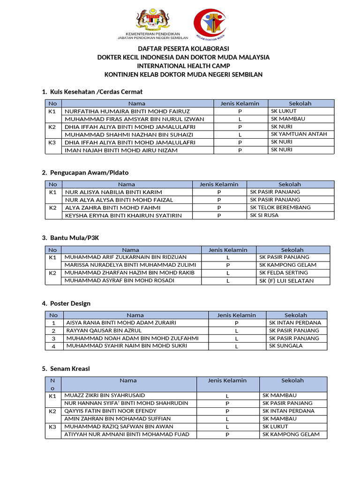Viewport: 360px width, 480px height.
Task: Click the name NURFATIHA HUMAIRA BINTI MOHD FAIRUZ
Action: (127, 111)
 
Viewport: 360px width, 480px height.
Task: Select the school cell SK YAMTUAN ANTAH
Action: (299, 134)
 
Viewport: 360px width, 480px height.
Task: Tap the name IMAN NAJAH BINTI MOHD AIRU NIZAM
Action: (121, 150)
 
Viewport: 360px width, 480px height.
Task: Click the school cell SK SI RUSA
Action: (264, 215)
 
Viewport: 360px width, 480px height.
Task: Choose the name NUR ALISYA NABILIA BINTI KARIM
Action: (113, 192)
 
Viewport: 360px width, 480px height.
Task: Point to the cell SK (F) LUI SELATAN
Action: (286, 281)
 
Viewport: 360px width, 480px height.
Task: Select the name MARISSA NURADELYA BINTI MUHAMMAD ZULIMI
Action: (130, 265)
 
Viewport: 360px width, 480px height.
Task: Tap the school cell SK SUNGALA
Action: (285, 345)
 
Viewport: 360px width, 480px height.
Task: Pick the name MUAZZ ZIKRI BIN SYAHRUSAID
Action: (105, 396)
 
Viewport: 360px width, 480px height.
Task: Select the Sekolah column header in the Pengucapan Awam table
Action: (290, 184)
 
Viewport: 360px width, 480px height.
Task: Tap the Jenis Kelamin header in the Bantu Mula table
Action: (228, 250)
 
